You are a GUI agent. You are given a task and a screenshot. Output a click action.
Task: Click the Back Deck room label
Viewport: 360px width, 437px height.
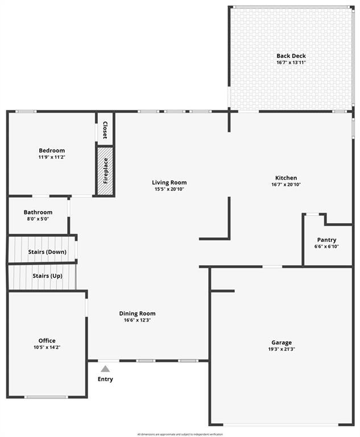pos(291,56)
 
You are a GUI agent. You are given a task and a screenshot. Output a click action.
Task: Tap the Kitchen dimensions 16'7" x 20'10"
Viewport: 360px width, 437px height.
pos(286,184)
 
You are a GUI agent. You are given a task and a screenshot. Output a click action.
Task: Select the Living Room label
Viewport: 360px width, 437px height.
pos(169,183)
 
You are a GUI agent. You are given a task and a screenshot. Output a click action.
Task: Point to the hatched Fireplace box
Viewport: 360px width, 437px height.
pos(105,171)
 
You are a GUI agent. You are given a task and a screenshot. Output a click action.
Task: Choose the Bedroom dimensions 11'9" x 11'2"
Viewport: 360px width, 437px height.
pos(52,157)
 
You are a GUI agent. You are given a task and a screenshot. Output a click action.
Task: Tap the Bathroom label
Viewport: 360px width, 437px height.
pos(38,212)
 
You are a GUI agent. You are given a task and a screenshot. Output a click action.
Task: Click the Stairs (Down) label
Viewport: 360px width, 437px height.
pos(47,252)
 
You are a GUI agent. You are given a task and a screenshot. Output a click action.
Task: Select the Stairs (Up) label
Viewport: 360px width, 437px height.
pos(47,276)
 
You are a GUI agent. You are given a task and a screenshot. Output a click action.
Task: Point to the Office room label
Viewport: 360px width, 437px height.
pos(47,341)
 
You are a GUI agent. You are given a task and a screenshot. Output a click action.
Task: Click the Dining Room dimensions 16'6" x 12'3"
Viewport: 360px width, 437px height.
pos(137,320)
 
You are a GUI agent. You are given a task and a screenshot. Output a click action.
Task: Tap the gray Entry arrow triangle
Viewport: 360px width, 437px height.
pos(105,369)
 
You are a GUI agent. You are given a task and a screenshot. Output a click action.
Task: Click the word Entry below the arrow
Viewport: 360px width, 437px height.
pos(105,380)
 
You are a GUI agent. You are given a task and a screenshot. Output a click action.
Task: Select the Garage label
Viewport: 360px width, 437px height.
pos(282,343)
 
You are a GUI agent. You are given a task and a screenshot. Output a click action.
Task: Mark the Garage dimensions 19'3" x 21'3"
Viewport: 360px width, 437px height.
pos(282,349)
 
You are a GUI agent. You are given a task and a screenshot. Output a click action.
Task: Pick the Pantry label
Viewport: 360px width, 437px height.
pos(326,240)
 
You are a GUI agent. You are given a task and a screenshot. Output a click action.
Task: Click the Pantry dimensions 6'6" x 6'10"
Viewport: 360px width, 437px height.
pos(326,246)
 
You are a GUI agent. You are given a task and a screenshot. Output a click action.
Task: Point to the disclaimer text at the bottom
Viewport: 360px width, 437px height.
pos(180,434)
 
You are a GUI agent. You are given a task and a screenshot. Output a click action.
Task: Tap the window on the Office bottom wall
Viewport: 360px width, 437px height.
pos(45,397)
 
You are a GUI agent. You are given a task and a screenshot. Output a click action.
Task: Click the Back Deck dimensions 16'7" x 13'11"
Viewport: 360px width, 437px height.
pos(291,62)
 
